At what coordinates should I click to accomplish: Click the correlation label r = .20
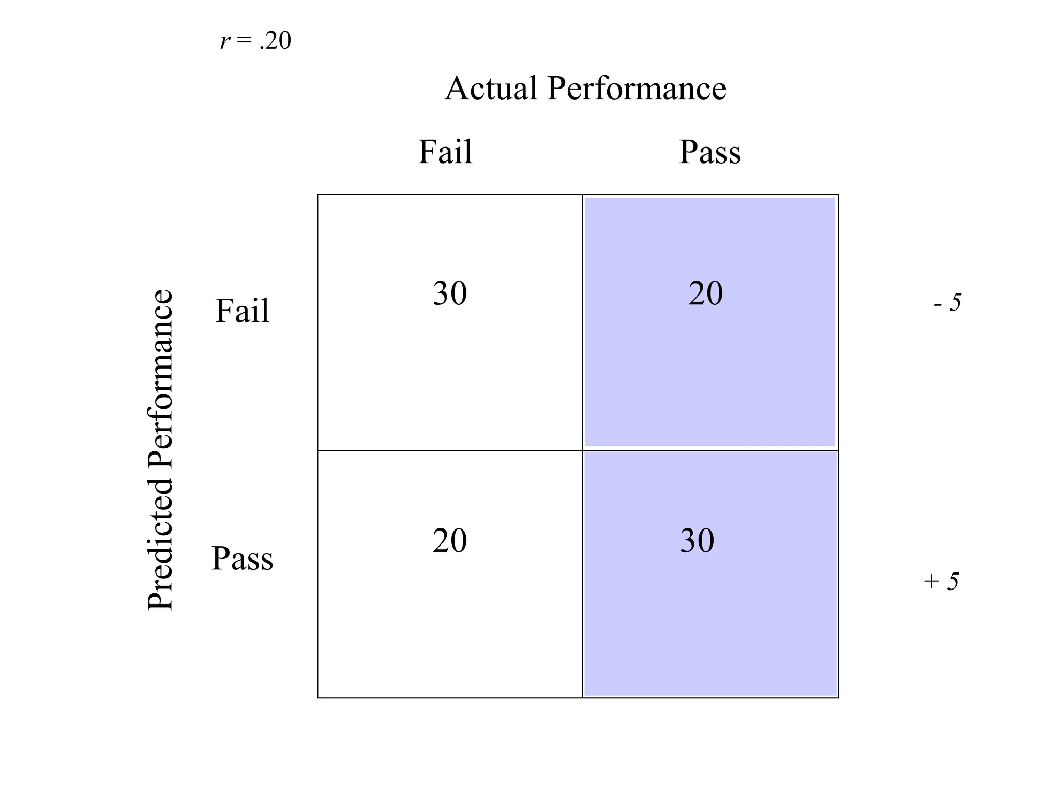[x=255, y=41]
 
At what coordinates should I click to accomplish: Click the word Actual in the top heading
[x=491, y=88]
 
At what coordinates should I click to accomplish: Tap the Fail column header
[x=445, y=152]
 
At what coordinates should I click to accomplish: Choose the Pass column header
[x=709, y=152]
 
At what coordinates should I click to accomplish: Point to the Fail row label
[x=242, y=311]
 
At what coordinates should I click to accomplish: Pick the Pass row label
[x=242, y=558]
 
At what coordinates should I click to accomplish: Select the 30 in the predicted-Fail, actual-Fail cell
[x=450, y=293]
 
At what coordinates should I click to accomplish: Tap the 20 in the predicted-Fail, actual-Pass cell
[x=705, y=293]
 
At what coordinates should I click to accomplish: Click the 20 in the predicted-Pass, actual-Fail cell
[x=450, y=541]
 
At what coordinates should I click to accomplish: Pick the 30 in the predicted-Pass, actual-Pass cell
[x=697, y=541]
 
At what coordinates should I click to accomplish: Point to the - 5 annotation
[x=947, y=302]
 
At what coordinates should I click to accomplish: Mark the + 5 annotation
[x=941, y=581]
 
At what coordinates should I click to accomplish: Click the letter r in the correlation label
[x=224, y=41]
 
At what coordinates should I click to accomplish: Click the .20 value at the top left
[x=276, y=41]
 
